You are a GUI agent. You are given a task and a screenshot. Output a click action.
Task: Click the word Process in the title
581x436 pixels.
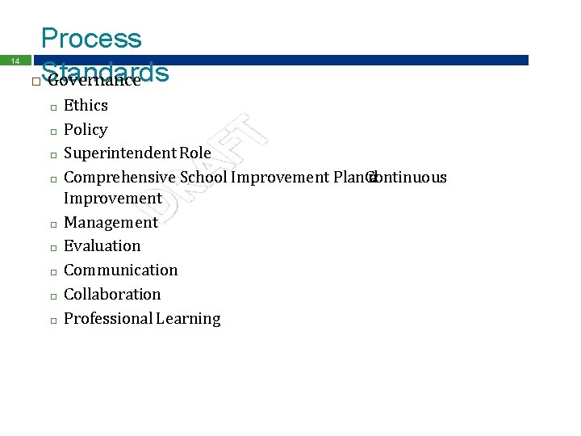pyautogui.click(x=91, y=38)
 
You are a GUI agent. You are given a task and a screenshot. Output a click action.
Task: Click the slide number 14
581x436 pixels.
pyautogui.click(x=15, y=61)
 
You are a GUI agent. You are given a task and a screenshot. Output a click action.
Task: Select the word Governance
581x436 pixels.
pyautogui.click(x=94, y=80)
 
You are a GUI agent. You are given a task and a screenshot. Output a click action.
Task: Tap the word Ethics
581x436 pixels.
pyautogui.click(x=86, y=105)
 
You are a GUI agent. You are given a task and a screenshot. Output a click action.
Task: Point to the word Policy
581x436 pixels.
pyautogui.click(x=86, y=129)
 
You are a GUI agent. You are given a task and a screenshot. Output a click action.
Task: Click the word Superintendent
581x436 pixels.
pyautogui.click(x=119, y=153)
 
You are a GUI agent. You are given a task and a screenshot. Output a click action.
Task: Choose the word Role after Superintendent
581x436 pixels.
pyautogui.click(x=195, y=153)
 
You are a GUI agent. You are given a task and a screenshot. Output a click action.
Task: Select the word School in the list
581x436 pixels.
pyautogui.click(x=203, y=177)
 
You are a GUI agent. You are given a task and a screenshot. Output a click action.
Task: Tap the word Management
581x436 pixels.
pyautogui.click(x=111, y=222)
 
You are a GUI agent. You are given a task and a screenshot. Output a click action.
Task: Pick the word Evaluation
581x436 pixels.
pyautogui.click(x=102, y=245)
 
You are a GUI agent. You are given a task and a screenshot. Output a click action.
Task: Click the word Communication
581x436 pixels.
pyautogui.click(x=120, y=270)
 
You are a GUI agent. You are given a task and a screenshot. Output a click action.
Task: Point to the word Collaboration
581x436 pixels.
pyautogui.click(x=112, y=294)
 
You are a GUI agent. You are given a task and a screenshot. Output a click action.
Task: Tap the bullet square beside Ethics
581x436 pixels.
pyautogui.click(x=50, y=107)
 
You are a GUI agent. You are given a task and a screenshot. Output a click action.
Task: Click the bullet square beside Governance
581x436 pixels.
pyautogui.click(x=35, y=82)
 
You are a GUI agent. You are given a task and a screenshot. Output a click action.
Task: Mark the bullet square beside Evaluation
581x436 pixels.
pyautogui.click(x=50, y=248)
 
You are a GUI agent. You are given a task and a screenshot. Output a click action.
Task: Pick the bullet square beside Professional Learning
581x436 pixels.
pyautogui.click(x=50, y=321)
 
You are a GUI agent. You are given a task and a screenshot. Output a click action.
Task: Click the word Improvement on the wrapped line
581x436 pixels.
pyautogui.click(x=112, y=198)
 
